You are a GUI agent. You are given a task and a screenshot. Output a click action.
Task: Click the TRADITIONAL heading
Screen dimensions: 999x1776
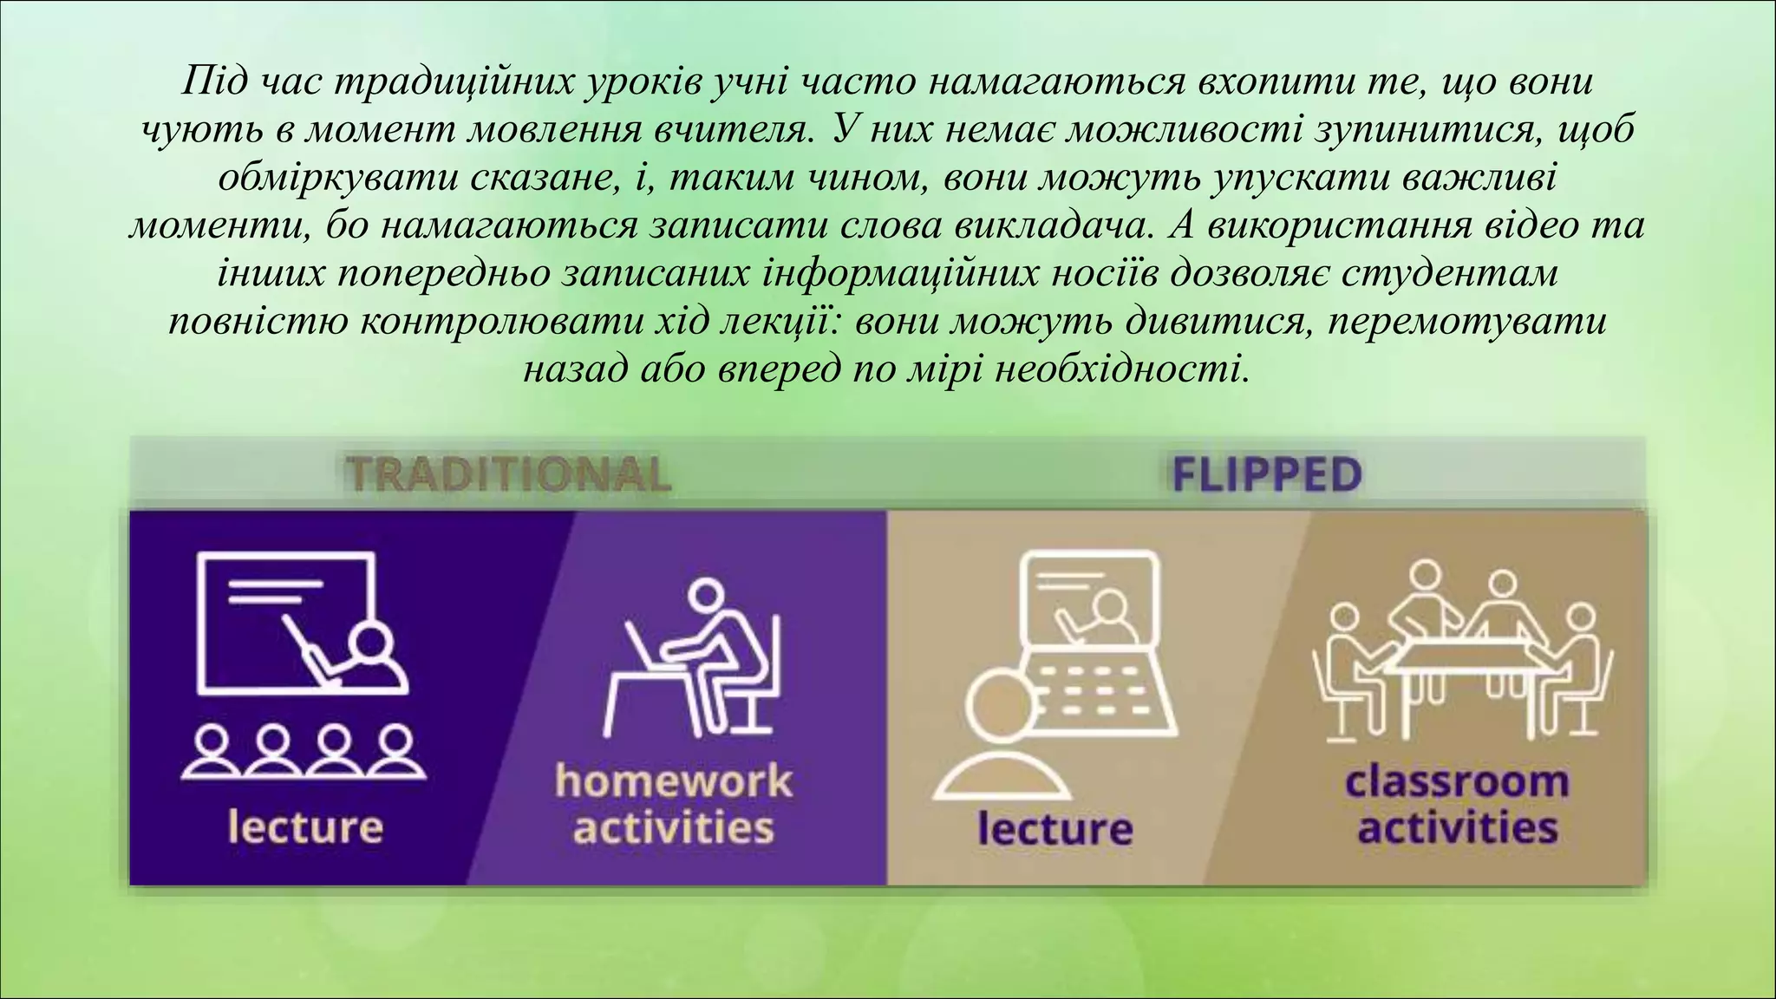point(508,474)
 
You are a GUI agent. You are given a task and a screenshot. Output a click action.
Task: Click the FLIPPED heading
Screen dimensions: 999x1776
point(1266,475)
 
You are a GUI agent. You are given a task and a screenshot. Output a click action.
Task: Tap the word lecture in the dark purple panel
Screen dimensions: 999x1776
point(305,826)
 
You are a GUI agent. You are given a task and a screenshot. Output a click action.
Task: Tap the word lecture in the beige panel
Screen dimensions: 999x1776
point(1055,828)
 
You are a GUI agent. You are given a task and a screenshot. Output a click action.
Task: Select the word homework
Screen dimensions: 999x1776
point(673,780)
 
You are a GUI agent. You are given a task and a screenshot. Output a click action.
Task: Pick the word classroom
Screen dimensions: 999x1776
point(1457,780)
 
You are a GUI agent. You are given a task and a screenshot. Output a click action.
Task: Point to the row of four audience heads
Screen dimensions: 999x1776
point(304,752)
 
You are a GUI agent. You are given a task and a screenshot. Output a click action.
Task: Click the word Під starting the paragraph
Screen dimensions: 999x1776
point(213,82)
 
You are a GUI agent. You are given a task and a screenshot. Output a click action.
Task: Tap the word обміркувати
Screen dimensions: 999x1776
point(338,178)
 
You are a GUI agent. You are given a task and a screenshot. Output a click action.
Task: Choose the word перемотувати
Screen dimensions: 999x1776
point(1466,322)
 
